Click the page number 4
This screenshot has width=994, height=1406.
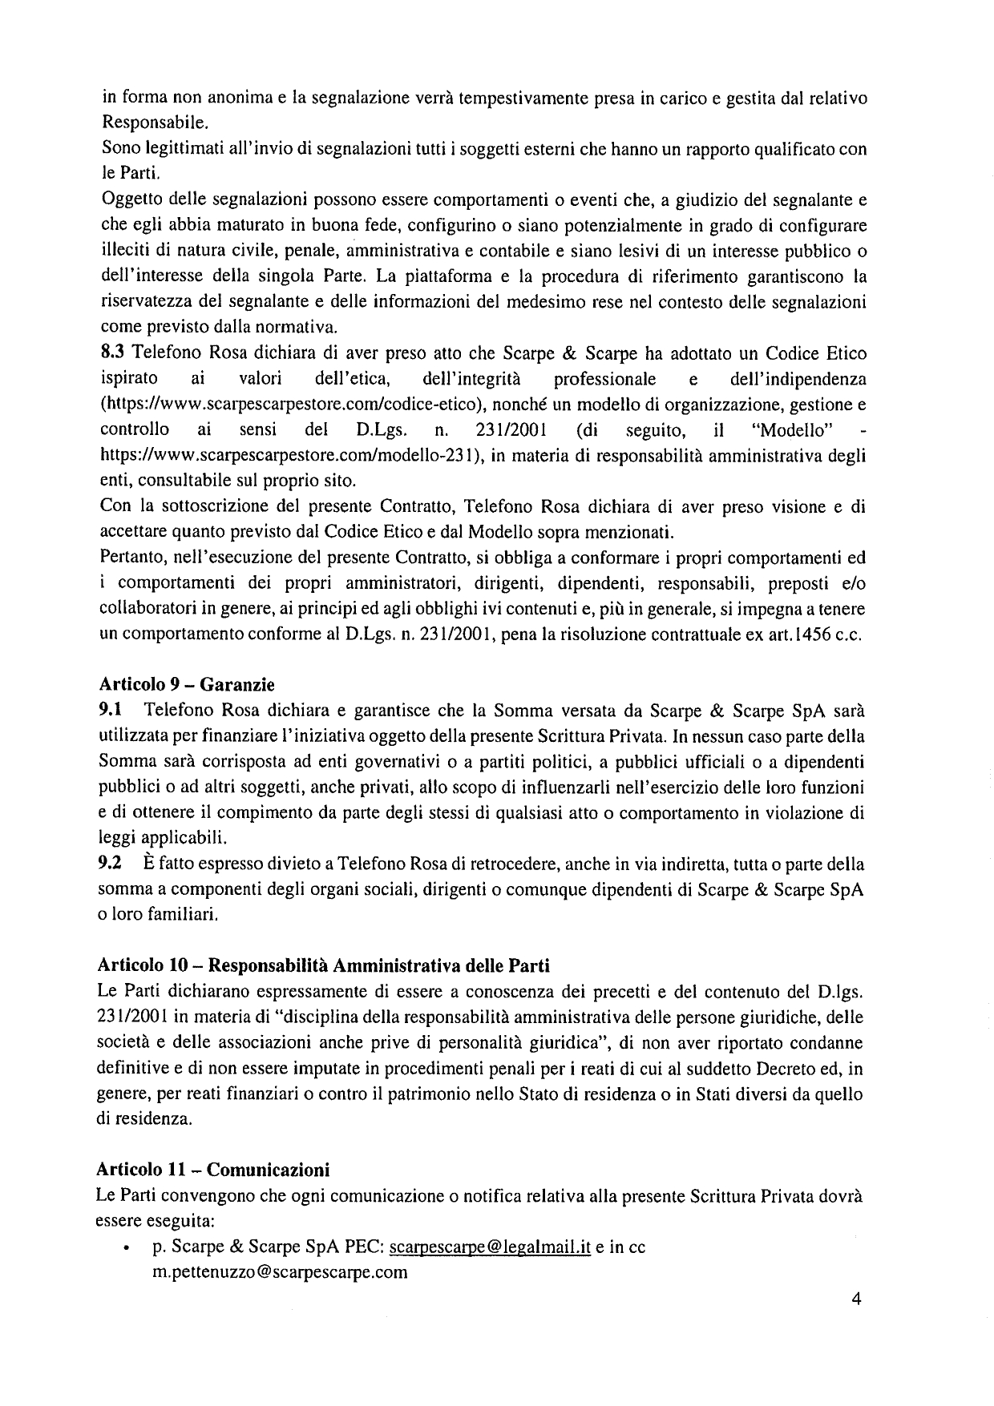coord(856,1299)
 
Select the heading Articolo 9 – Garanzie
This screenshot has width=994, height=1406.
coord(186,685)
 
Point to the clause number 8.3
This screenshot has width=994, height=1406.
coord(111,353)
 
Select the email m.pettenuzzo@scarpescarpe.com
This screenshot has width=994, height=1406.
coord(280,1273)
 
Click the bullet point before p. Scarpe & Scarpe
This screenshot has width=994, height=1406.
coord(127,1249)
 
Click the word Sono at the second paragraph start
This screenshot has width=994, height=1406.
coord(118,149)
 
